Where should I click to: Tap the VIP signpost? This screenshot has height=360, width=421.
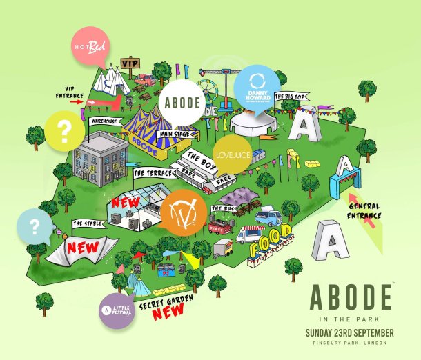[130, 64]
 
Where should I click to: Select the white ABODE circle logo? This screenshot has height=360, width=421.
[182, 104]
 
